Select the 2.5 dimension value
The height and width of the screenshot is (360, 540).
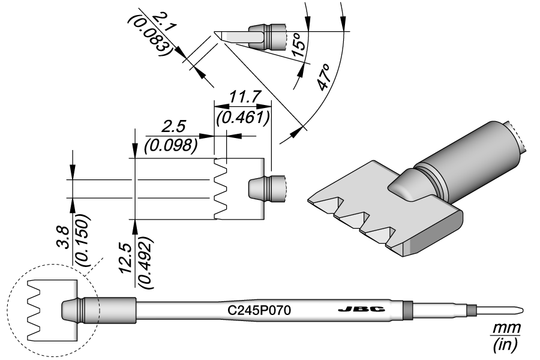pos(175,127)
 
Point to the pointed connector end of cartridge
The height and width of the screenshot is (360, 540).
pos(516,310)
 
